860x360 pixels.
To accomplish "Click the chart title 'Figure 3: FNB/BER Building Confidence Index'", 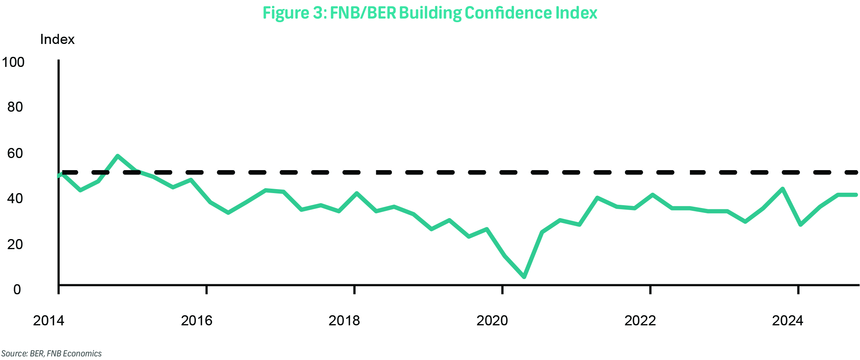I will pos(430,13).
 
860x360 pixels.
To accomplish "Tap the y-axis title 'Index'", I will pos(57,40).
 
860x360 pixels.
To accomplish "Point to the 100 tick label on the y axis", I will pos(13,62).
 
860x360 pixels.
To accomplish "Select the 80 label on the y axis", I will pos(15,107).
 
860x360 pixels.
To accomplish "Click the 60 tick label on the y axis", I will pos(15,153).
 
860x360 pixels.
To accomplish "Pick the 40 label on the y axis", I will pos(15,198).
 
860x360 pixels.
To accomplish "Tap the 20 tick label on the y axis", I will pos(15,244).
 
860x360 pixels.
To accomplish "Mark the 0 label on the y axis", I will pos(17,289).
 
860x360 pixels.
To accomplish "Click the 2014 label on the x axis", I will pos(48,320).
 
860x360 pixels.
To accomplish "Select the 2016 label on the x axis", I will pos(196,320).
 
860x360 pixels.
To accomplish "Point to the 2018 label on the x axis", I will pos(344,320).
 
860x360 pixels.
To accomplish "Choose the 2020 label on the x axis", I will pos(492,320).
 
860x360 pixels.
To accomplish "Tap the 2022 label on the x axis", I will pos(640,320).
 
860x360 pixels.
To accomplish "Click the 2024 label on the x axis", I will pos(787,320).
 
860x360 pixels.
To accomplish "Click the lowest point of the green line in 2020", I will pos(524,277).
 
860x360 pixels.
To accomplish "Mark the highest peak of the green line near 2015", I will pos(117,156).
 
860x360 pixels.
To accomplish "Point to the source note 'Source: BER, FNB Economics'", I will pos(52,354).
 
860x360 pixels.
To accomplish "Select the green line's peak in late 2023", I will pos(783,189).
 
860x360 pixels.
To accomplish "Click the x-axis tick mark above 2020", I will pos(502,290).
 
